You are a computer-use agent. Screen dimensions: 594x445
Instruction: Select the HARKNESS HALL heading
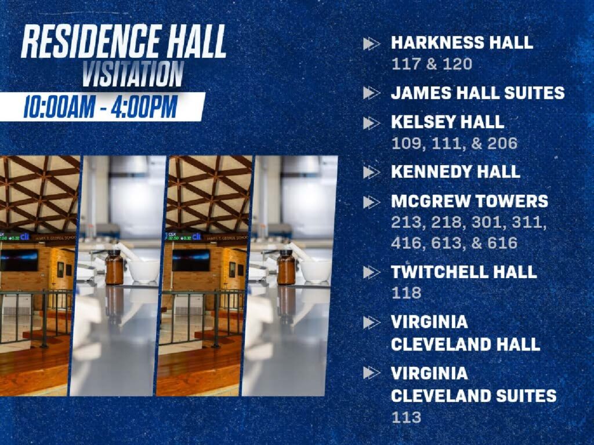tap(462, 42)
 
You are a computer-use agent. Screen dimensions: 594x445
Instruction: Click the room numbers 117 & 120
tap(432, 64)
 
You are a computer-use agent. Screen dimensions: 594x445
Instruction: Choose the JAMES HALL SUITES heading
tap(478, 93)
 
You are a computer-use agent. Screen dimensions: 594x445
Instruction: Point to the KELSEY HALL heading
tap(447, 122)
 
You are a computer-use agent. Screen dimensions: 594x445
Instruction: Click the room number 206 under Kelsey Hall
tap(502, 143)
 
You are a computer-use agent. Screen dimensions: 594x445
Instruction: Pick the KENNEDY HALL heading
tap(455, 172)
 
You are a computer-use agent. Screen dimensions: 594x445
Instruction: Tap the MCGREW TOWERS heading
tap(469, 201)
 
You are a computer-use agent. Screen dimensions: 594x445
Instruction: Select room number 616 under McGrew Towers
tap(502, 243)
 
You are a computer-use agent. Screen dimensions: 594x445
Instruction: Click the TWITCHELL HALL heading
tap(463, 272)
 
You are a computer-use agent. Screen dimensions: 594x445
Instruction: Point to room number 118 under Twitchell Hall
tap(406, 293)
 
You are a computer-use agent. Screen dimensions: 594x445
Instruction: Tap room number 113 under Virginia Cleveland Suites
tap(406, 417)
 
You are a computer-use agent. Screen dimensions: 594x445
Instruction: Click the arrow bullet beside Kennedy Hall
tap(371, 172)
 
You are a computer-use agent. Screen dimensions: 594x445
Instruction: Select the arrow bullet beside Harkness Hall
tap(371, 43)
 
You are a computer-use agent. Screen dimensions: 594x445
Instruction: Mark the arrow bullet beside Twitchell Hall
tap(371, 272)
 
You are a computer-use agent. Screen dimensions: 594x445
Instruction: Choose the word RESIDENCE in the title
tap(90, 41)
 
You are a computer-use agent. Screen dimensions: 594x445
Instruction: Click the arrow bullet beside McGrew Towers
tap(371, 202)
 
